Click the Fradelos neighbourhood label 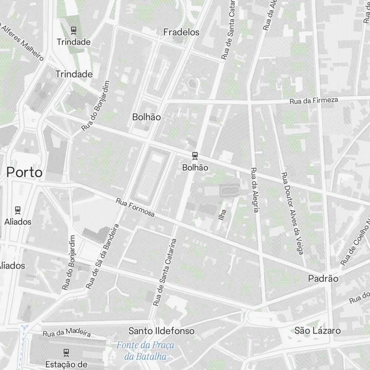(x=181, y=33)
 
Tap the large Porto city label (x=24, y=172)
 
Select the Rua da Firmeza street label (x=313, y=100)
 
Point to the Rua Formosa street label (x=135, y=208)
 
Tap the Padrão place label (x=323, y=279)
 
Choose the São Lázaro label (x=317, y=330)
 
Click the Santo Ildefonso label (x=161, y=331)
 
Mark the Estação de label (x=66, y=364)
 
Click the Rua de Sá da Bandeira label (x=102, y=256)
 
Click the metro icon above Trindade (x=74, y=30)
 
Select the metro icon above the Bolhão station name (x=195, y=156)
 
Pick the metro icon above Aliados (x=17, y=210)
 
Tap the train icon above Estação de (x=66, y=352)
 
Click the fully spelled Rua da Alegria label (x=254, y=190)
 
